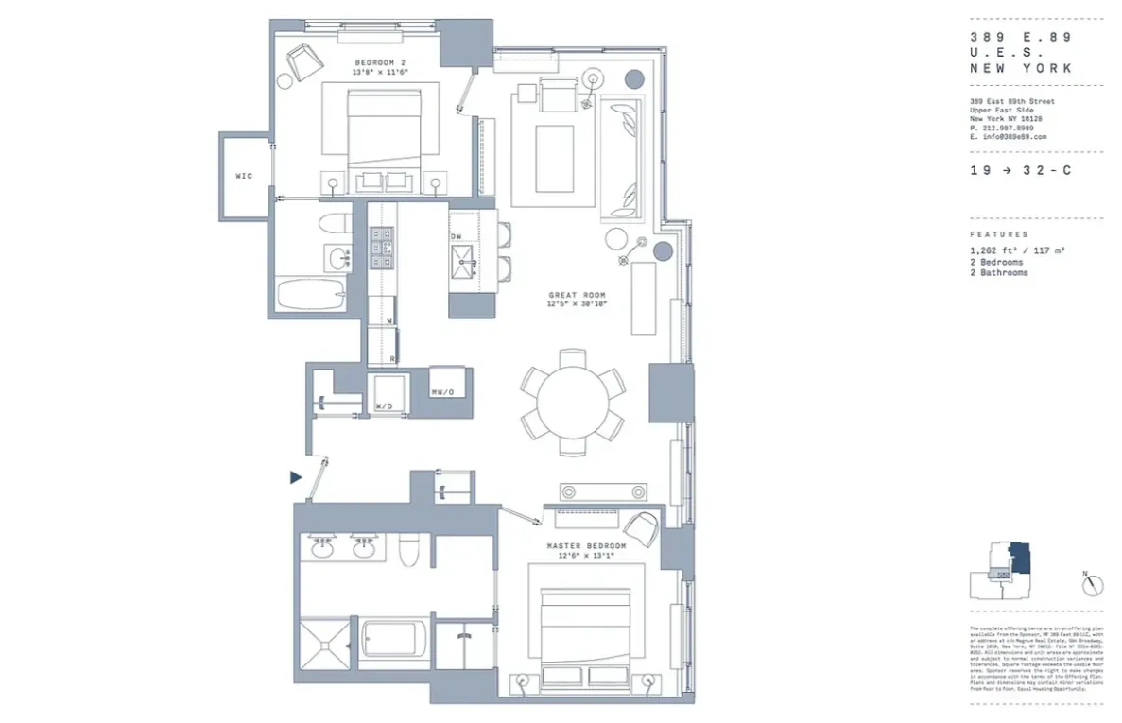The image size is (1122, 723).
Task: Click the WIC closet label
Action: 244,176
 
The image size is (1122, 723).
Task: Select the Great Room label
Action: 577,295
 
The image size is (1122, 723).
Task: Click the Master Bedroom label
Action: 586,546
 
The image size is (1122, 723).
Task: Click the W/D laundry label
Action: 385,406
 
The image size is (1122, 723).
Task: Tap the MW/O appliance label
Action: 441,392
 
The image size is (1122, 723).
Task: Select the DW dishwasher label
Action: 457,236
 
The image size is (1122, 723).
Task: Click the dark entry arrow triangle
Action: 296,478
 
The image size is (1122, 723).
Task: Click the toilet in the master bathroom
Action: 409,549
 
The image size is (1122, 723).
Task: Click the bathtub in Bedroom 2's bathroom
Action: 312,294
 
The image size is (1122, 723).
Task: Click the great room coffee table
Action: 553,158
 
